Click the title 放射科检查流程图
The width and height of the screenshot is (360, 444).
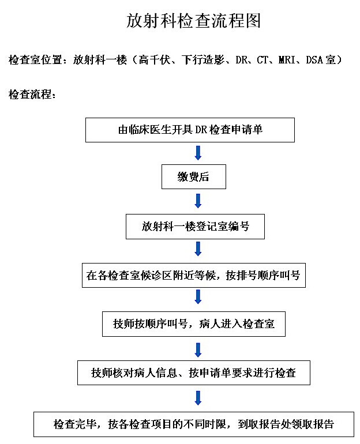(193, 21)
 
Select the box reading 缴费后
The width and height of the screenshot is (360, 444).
(194, 176)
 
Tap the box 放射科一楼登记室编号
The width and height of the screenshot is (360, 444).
(195, 227)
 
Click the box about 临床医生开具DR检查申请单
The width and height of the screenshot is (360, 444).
(190, 130)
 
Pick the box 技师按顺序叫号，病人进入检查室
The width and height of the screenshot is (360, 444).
(194, 324)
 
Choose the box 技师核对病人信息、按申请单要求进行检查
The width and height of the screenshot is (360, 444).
(194, 372)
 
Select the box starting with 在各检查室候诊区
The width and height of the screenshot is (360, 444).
(194, 275)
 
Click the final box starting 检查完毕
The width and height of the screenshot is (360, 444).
(194, 424)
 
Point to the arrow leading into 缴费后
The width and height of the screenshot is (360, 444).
(198, 153)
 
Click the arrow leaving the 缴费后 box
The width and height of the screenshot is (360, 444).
(198, 201)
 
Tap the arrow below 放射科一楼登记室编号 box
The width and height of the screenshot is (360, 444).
(198, 249)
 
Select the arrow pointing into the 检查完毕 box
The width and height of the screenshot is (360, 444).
(198, 398)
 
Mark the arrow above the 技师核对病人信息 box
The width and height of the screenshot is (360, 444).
(198, 350)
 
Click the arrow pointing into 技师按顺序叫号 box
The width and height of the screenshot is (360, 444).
(198, 297)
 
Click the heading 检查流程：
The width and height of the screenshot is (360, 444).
(32, 95)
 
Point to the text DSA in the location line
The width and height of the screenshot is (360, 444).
(314, 60)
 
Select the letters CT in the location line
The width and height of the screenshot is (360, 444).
(262, 60)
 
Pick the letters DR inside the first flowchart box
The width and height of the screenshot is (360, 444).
(201, 130)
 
